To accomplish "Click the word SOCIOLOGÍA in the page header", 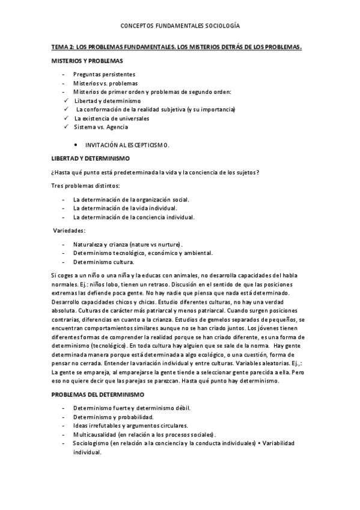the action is click(x=219, y=26).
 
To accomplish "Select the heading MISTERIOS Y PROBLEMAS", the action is click(x=87, y=61).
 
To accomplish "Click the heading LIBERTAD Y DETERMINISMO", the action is click(x=91, y=158).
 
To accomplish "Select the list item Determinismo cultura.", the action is click(x=103, y=262).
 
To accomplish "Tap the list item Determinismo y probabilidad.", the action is click(x=113, y=416).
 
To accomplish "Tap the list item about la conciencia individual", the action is click(x=133, y=217).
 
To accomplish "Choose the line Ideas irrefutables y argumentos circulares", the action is click(x=130, y=425).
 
